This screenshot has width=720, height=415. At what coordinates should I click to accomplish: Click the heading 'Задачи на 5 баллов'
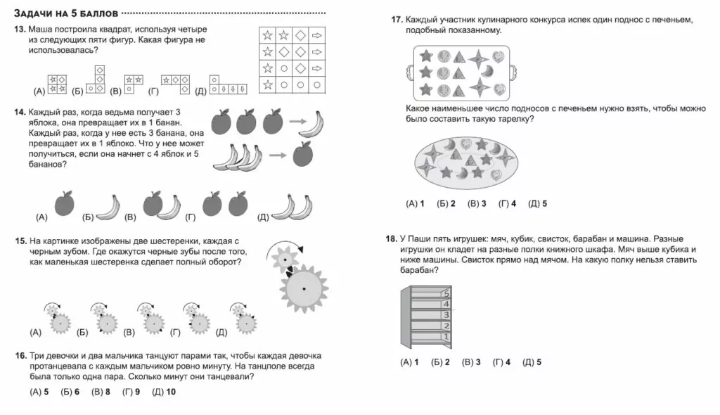coord(66,13)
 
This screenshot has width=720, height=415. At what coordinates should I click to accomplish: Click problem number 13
coord(20,30)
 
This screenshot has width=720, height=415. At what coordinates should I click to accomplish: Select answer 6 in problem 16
coord(70,392)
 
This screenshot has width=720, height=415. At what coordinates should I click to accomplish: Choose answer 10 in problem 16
coord(164,392)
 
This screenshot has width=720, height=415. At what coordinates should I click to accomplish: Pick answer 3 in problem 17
coord(477,203)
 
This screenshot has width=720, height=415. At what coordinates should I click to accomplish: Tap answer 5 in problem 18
coord(532,362)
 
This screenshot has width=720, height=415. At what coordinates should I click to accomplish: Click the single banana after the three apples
coord(312,124)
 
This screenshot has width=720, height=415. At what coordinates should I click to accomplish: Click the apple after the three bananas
coord(302,153)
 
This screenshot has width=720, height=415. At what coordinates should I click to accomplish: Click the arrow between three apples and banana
coord(297,122)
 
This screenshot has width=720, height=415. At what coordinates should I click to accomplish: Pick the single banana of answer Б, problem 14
coord(108,207)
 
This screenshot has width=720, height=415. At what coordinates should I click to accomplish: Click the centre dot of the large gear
coord(304,288)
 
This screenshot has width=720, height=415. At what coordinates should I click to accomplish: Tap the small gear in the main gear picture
coord(285,260)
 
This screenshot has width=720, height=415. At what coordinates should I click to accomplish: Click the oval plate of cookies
coord(466,163)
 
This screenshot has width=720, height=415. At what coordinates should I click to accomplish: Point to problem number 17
coord(397,20)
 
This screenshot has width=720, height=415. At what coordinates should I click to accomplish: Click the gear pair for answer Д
coord(243,319)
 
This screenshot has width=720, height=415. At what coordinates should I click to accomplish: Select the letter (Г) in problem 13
coord(153,91)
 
